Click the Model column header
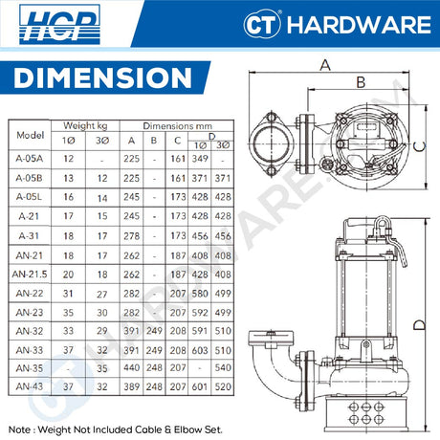point(31,135)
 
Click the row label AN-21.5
point(31,274)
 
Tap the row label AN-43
point(31,386)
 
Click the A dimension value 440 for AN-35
point(131,367)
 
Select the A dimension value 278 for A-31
point(131,235)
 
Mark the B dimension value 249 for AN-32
point(155,329)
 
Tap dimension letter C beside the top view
point(421,146)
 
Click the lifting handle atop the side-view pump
point(381,227)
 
